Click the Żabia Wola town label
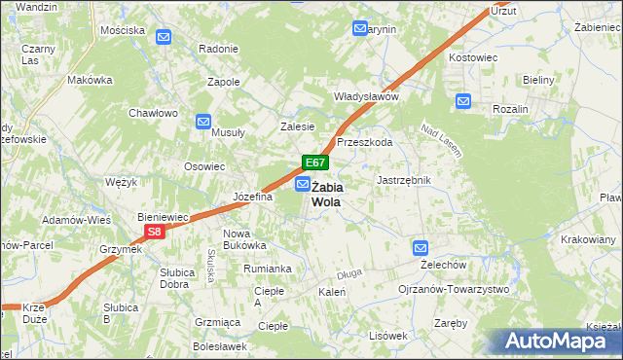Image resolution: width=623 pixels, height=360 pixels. [x=326, y=194]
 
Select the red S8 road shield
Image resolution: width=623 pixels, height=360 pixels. [x=155, y=232]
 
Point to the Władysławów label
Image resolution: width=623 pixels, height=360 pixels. [x=367, y=97]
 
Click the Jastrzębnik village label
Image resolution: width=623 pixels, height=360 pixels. [x=403, y=181]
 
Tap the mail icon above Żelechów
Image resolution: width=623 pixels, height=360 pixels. [x=420, y=248]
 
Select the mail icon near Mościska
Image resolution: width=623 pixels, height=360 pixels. [x=164, y=38]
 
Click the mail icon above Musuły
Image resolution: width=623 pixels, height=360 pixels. [x=202, y=122]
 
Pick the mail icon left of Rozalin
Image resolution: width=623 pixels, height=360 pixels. [x=462, y=100]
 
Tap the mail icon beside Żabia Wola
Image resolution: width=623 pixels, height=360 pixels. [x=303, y=184]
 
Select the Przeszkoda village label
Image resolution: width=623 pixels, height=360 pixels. [x=364, y=142]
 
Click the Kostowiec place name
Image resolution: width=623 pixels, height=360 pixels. [x=472, y=58]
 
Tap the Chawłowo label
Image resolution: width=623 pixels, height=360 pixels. [x=154, y=113]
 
